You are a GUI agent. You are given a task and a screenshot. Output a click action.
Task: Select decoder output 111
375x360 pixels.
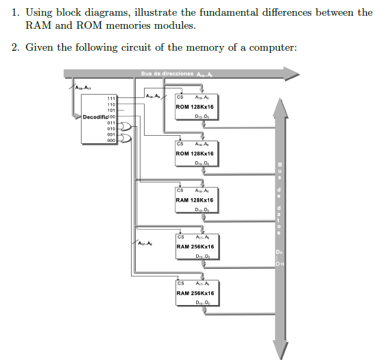point(110,99)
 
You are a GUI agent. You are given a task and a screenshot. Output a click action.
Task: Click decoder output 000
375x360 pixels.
point(110,140)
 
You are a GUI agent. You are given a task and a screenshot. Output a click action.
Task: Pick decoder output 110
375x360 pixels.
point(110,104)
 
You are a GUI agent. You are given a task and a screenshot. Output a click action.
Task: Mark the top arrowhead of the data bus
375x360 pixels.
point(279,102)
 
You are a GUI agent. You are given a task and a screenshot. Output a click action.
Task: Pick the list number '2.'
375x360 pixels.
point(15,47)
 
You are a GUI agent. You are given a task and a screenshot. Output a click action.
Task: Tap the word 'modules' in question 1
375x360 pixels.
point(174,25)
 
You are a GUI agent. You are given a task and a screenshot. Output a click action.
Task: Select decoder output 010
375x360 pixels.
point(110,128)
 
